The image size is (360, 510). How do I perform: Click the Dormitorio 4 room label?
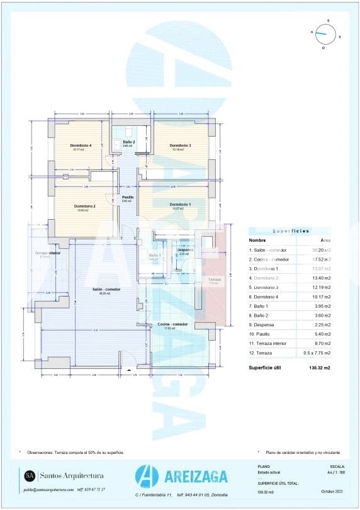click(82, 145)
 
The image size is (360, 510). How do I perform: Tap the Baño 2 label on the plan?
click(129, 142)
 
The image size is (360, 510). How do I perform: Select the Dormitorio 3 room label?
click(180, 145)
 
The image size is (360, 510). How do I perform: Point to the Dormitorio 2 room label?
click(84, 207)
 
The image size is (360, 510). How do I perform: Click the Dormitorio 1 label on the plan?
click(180, 205)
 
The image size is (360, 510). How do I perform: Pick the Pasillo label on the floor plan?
click(127, 197)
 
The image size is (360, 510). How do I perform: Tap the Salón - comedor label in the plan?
click(106, 290)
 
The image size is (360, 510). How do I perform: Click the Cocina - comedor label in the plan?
click(172, 324)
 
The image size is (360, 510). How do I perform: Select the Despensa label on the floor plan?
click(184, 250)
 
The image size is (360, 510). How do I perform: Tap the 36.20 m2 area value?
click(322, 250)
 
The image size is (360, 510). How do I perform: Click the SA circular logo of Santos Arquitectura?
click(29, 475)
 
